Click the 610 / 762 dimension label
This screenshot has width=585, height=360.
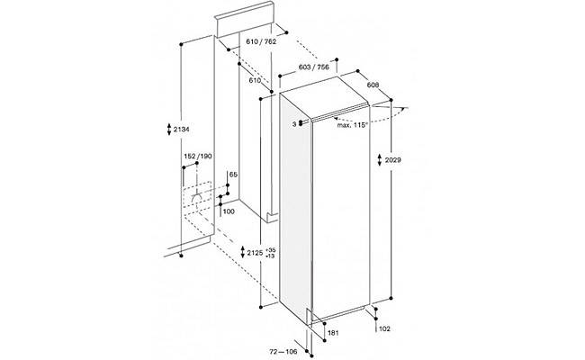pos(261,41)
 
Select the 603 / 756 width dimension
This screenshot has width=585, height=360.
pos(314,67)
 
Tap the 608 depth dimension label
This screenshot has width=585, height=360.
pos(373,85)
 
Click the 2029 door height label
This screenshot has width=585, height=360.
pos(393,160)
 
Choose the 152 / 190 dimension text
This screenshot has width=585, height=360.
pos(198,156)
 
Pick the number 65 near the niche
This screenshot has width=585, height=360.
pos(233,175)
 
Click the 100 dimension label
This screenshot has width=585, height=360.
pos(229,211)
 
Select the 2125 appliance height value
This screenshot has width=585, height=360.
pos(256,253)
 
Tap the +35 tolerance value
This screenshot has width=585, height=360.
pos(271,249)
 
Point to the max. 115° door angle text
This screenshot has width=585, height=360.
pos(353,125)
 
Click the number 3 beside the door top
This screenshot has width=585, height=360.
pos(294,124)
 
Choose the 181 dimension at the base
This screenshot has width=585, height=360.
pos(333,333)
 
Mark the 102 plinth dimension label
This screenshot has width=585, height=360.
pos(384,328)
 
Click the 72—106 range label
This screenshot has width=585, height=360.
pos(283,351)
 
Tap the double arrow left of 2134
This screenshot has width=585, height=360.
pos(168,130)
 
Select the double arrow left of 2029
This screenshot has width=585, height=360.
pos(380,160)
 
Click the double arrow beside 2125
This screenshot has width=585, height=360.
pos(242,253)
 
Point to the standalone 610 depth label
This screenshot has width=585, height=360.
pos(255,81)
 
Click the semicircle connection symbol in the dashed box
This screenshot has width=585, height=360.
pos(196,199)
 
